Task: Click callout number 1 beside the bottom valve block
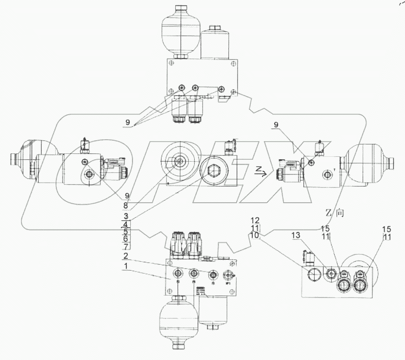point(126,267)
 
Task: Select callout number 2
point(126,255)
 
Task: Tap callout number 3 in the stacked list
point(126,216)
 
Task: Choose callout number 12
point(255,221)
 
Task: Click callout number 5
point(126,231)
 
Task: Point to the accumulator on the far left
point(31,160)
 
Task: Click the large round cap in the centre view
point(179,160)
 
